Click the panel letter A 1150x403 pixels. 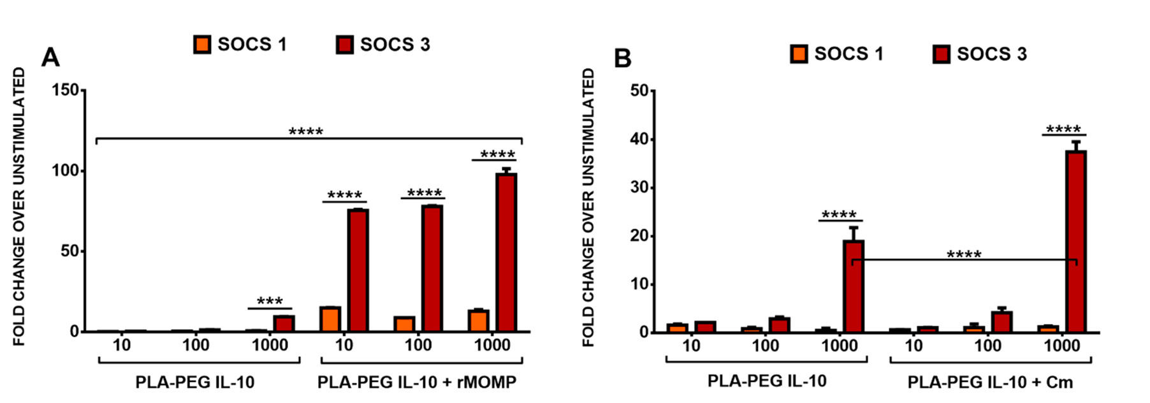pyautogui.click(x=50, y=58)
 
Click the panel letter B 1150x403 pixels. pyautogui.click(x=622, y=59)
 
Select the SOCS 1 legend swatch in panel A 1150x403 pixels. pyautogui.click(x=202, y=45)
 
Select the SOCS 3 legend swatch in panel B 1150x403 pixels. pyautogui.click(x=941, y=54)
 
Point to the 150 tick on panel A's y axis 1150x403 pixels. pyautogui.click(x=66, y=91)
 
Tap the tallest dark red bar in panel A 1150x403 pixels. pyautogui.click(x=506, y=252)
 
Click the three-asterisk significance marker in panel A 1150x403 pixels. pyautogui.click(x=270, y=302)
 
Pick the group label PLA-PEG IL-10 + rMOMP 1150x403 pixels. pyautogui.click(x=417, y=382)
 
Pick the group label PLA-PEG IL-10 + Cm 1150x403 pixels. pyautogui.click(x=990, y=382)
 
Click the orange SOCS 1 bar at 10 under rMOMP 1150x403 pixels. pyautogui.click(x=330, y=319)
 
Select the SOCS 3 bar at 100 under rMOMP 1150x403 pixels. pyautogui.click(x=432, y=268)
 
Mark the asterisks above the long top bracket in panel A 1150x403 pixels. pyautogui.click(x=306, y=132)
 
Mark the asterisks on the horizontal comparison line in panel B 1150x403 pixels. pyautogui.click(x=964, y=255)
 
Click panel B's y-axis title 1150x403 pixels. pyautogui.click(x=588, y=207)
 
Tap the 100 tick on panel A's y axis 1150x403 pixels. pyautogui.click(x=66, y=171)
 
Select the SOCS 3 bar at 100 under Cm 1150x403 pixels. pyautogui.click(x=1001, y=321)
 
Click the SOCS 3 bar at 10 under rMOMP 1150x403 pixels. pyautogui.click(x=358, y=270)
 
